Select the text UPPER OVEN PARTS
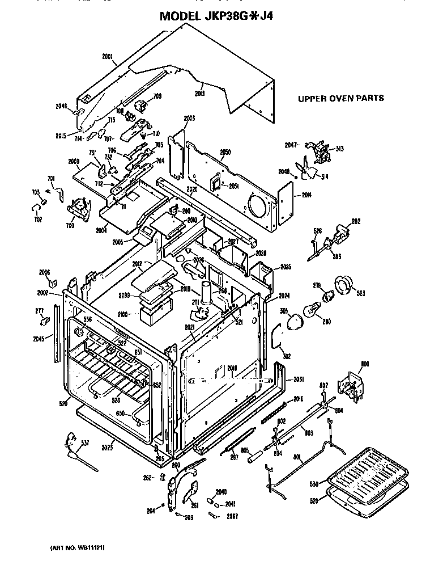pyautogui.click(x=340, y=98)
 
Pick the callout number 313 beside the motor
pyautogui.click(x=339, y=149)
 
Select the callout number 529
pyautogui.click(x=322, y=500)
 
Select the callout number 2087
pyautogui.click(x=232, y=516)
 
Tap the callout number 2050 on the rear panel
pyautogui.click(x=225, y=153)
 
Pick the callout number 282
pyautogui.click(x=356, y=221)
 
